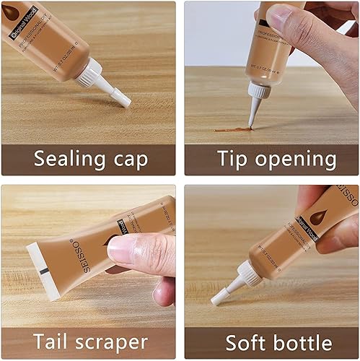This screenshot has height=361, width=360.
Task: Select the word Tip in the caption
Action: tap(233, 158)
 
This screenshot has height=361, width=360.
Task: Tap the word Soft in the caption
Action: tap(246, 342)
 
